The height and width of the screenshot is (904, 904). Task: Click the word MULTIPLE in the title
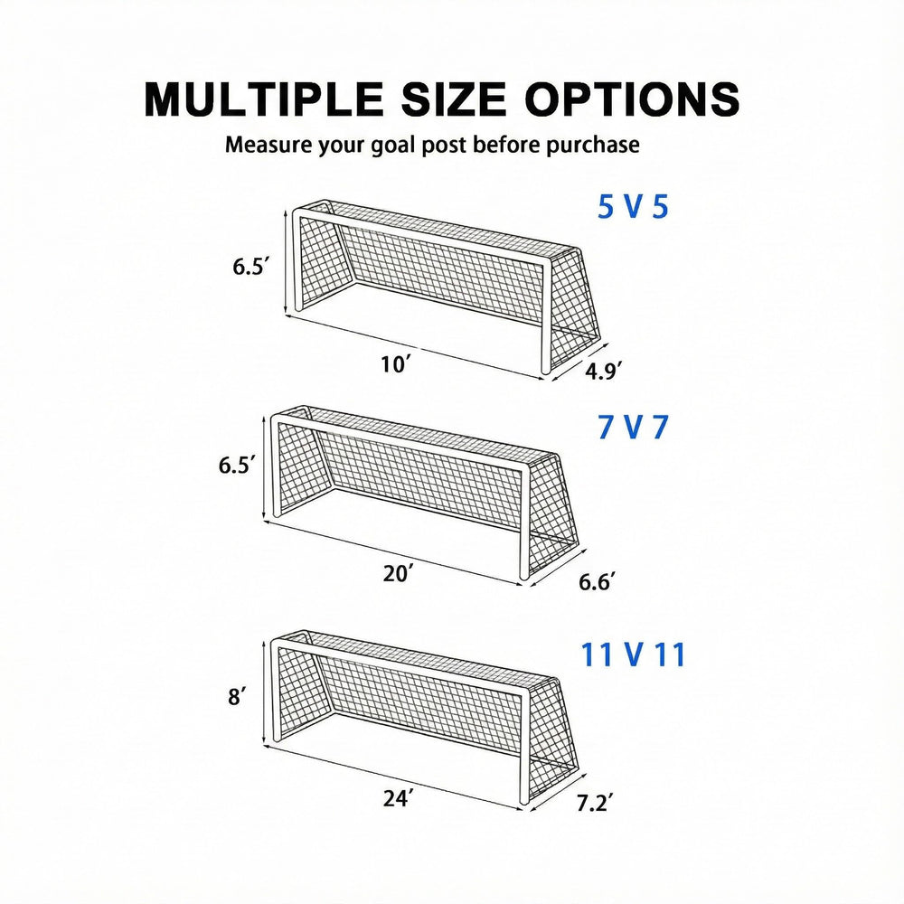point(263,99)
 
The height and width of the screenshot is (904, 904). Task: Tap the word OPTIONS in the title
point(632,99)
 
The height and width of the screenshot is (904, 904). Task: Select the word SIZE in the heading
point(453,99)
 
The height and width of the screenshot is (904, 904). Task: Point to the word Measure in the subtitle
point(268,144)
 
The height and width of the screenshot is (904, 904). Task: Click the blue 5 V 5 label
point(633,207)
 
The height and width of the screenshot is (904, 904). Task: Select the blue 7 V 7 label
point(633,428)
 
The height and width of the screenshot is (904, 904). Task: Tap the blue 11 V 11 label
point(633,654)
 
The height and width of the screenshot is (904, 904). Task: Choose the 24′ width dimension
point(399,798)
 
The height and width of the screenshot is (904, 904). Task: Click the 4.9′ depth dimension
point(603,371)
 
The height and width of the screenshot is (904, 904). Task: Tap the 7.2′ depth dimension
point(595,803)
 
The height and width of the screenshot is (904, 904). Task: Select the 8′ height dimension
point(237,696)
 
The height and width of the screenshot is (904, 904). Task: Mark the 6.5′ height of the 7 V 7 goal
point(236,464)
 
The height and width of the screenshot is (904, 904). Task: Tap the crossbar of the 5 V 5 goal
point(420,238)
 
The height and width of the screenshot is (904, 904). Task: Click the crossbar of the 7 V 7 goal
point(400,442)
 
